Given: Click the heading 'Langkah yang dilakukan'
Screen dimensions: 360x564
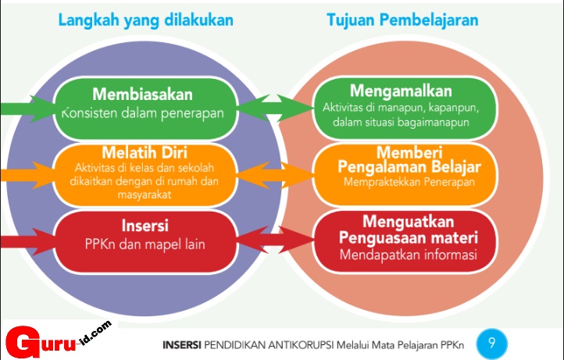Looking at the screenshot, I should click(x=146, y=21).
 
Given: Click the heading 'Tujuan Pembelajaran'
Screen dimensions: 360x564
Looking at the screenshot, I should click(x=402, y=21).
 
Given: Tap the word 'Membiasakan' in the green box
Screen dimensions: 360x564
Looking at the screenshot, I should click(x=142, y=94).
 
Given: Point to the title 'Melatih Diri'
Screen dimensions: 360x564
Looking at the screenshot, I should click(x=142, y=151).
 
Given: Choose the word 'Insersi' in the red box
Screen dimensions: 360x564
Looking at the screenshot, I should click(x=142, y=226).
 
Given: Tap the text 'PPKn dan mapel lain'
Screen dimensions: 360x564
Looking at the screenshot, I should click(x=144, y=244).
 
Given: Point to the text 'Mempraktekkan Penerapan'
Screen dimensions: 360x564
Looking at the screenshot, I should click(x=405, y=182).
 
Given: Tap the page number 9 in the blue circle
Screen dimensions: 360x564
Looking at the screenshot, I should click(x=491, y=342).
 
